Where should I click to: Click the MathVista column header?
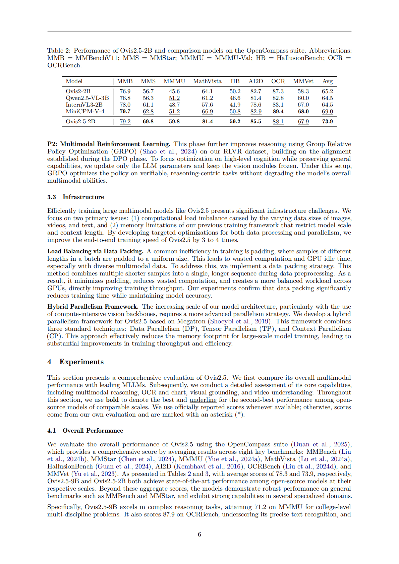207,81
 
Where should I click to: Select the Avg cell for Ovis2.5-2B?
328,122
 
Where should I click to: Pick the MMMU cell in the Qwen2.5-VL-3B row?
174,98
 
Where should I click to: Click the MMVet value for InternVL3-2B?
303,105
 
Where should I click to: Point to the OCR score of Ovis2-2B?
278,91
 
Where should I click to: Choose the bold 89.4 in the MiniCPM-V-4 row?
278,112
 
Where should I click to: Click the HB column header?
235,81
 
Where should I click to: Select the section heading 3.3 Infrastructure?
76,197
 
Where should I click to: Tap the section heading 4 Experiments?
76,362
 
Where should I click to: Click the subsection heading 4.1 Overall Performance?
85,431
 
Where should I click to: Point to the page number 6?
199,535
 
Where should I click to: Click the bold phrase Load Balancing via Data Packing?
95,251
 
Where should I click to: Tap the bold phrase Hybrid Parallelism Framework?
93,307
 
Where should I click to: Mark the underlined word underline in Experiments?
203,400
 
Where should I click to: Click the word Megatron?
191,321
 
